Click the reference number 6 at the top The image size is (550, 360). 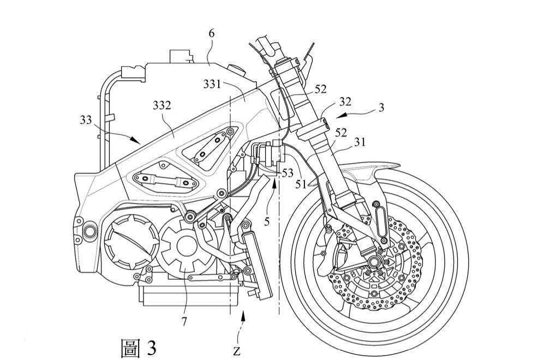click(211, 34)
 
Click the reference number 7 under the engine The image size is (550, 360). click(184, 321)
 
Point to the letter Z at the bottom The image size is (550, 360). click(236, 350)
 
